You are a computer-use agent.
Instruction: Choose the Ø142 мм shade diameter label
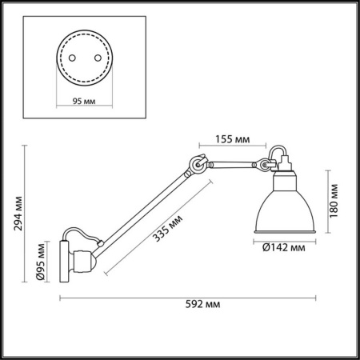coord(285,247)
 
